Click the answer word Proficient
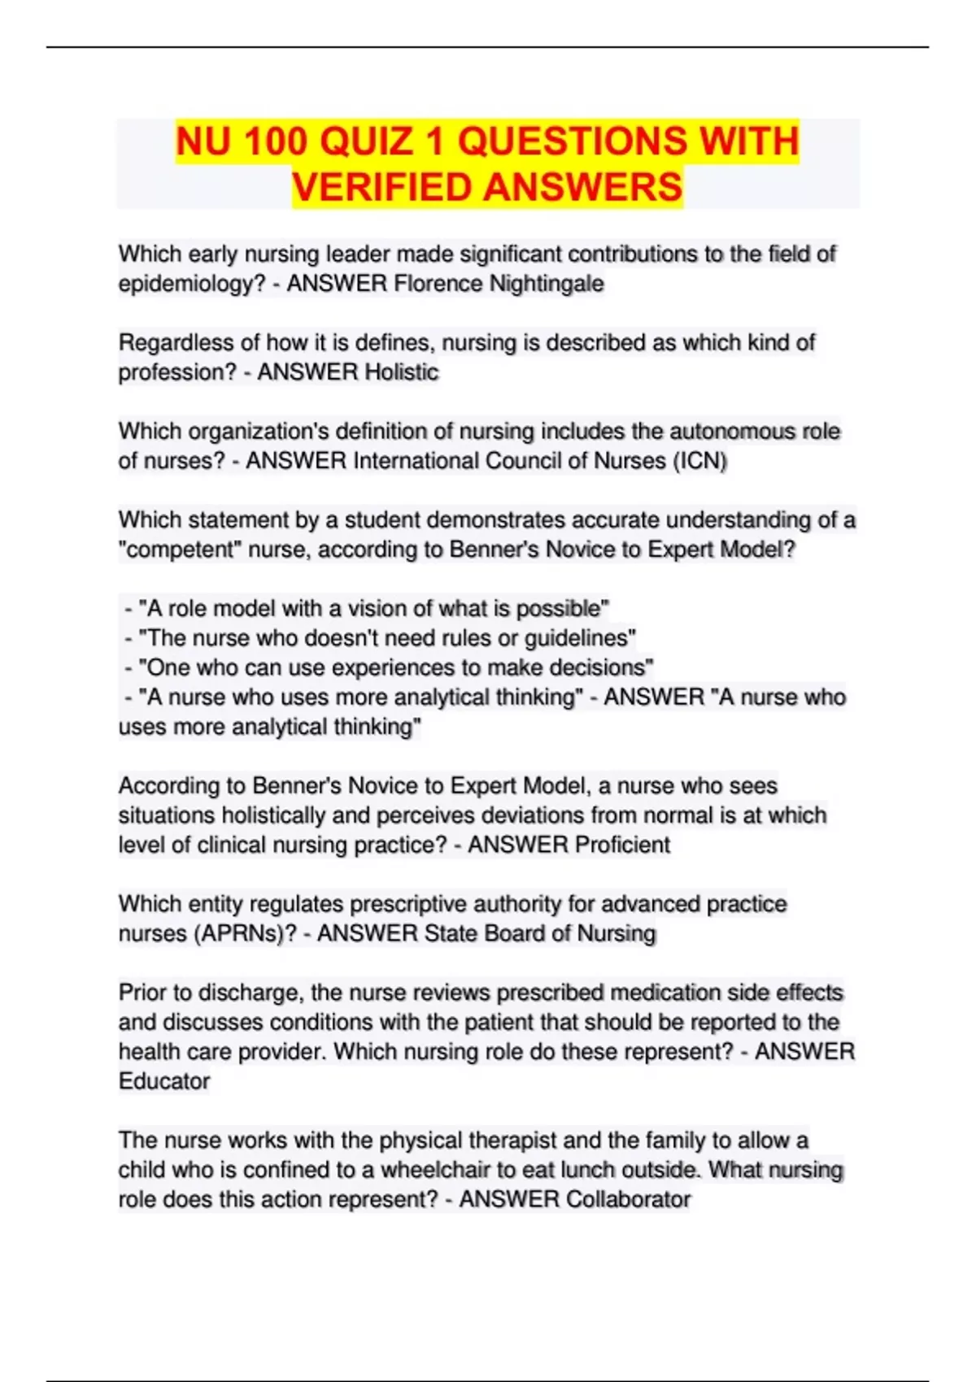click(x=622, y=845)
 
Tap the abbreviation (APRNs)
click(x=246, y=933)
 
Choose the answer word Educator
click(x=164, y=1081)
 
